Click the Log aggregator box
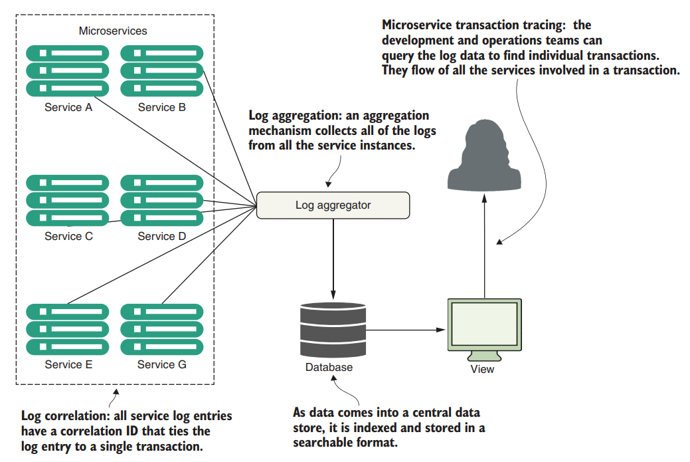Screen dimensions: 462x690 point(333,205)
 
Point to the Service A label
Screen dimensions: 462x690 point(68,107)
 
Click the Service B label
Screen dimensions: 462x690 point(161,107)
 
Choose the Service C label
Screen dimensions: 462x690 point(68,236)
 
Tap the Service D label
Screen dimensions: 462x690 point(161,236)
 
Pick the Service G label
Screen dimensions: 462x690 point(161,364)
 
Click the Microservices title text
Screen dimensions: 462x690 point(113,31)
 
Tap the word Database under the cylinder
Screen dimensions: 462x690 point(329,367)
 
